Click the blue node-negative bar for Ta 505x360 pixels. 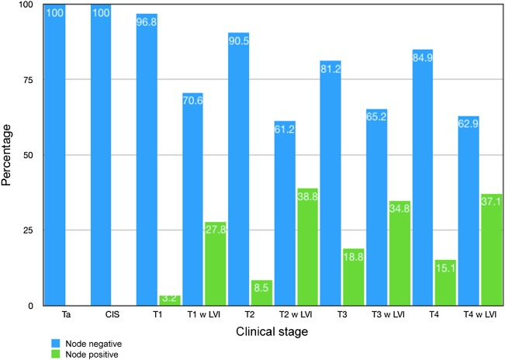pyautogui.click(x=55, y=155)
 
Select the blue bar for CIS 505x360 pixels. pyautogui.click(x=101, y=155)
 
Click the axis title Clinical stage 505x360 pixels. pyautogui.click(x=272, y=332)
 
